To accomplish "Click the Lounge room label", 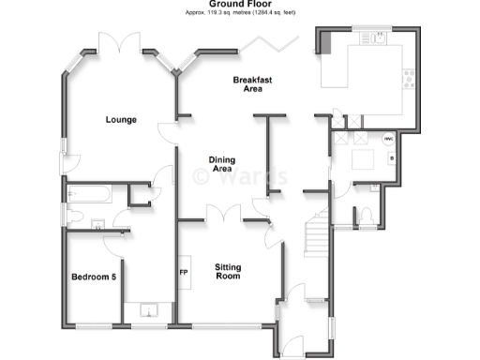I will [122, 120].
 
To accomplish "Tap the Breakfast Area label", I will [252, 85].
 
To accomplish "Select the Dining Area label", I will [221, 165].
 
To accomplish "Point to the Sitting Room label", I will [228, 271].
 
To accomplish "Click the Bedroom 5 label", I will [94, 277].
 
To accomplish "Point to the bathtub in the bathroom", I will [90, 194].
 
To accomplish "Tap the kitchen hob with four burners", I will [409, 80].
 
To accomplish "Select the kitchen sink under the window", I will [380, 38].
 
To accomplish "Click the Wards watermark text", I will [240, 176].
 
